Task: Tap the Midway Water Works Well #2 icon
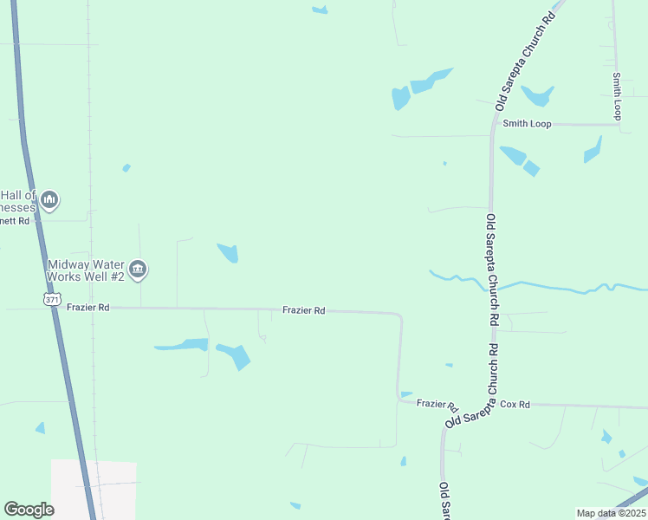click(x=138, y=270)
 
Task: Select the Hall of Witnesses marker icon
click(x=49, y=201)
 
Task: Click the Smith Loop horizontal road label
click(x=528, y=124)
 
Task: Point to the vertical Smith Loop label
click(x=617, y=96)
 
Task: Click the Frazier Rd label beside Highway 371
click(x=91, y=308)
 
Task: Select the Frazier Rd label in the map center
click(x=303, y=310)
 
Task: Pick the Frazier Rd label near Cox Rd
click(x=437, y=405)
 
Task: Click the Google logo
click(x=29, y=509)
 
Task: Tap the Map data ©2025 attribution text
click(x=610, y=513)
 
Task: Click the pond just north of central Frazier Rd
click(x=229, y=253)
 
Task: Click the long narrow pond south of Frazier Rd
click(x=182, y=346)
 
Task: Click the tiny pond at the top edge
click(x=321, y=10)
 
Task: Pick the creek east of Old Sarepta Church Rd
click(x=572, y=286)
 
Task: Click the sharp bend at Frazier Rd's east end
click(x=400, y=316)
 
